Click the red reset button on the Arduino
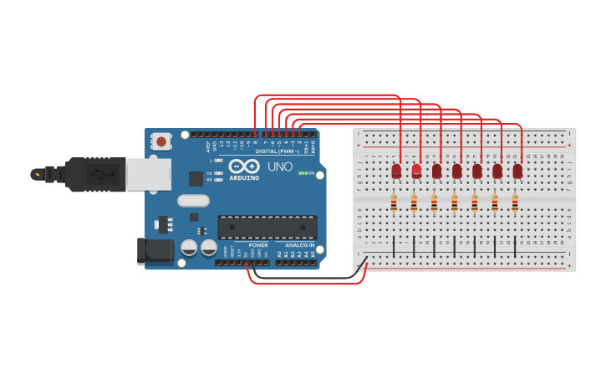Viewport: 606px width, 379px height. click(x=160, y=141)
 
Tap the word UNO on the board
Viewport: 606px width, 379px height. click(x=279, y=166)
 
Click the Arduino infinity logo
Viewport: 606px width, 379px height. click(x=243, y=166)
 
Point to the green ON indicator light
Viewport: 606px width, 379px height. click(x=301, y=173)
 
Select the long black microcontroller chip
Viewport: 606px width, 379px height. click(x=267, y=227)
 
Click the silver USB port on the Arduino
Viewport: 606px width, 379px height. click(x=148, y=175)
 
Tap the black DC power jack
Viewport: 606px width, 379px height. click(x=155, y=251)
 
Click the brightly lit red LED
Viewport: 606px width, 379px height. click(x=416, y=171)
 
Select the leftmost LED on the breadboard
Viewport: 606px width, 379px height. click(x=396, y=171)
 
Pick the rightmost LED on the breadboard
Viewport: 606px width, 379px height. click(x=517, y=171)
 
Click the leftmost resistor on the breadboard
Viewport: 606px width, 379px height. click(x=394, y=202)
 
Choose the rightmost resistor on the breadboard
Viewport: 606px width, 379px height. click(x=515, y=202)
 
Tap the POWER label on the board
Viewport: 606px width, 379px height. click(x=258, y=245)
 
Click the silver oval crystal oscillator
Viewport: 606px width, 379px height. click(x=193, y=200)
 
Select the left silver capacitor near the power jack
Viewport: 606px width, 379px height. click(x=189, y=248)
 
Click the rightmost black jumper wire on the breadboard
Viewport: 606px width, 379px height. click(x=515, y=246)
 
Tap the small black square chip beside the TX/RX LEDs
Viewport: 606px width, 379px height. click(x=196, y=178)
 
